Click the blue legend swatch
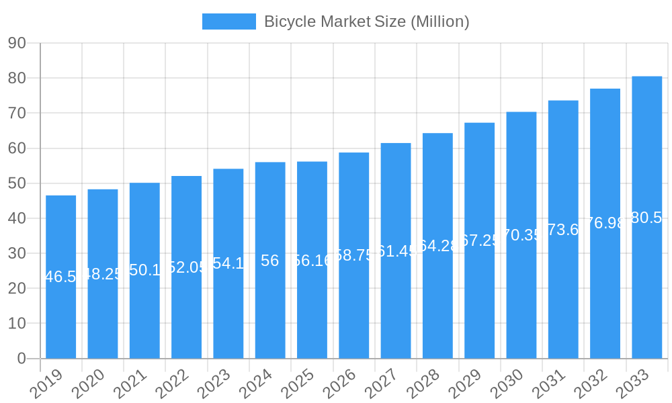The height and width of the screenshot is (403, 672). pos(229,21)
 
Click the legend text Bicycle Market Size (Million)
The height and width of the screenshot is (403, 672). pos(366,21)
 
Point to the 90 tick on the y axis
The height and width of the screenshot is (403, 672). pos(17,43)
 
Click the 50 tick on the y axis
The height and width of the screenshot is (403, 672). pos(17,183)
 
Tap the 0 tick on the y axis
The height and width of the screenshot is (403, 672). pos(22,359)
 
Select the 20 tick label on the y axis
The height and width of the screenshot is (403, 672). pos(17,288)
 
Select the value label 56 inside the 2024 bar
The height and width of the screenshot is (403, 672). pos(270,261)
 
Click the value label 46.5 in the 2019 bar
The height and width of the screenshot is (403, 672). pos(61,277)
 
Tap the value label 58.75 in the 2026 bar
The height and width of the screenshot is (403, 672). pos(353,255)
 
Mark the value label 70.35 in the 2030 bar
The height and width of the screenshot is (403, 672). pos(521,235)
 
